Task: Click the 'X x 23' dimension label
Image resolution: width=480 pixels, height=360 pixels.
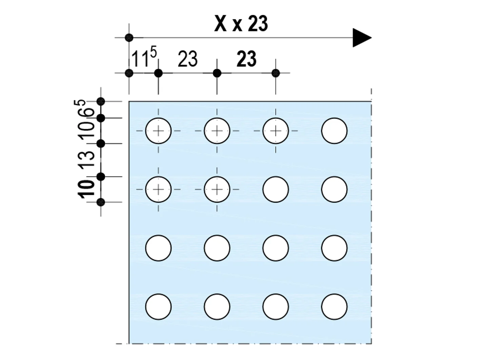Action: tap(241, 24)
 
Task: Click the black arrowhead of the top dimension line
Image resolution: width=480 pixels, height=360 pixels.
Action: tap(362, 38)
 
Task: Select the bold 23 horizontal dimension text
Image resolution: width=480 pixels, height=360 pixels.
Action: tap(246, 59)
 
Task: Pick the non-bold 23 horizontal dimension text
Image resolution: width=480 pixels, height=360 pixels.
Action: tap(187, 59)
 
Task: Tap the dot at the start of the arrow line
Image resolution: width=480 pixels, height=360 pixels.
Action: tap(129, 38)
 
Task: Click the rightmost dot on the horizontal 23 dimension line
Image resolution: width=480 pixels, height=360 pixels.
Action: tap(276, 73)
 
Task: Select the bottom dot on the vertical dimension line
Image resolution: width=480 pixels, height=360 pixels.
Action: tap(101, 202)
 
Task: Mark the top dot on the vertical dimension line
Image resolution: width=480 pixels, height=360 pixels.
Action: tap(101, 101)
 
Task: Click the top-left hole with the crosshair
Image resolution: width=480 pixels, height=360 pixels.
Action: tap(158, 131)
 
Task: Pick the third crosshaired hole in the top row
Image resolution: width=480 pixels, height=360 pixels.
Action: tap(276, 131)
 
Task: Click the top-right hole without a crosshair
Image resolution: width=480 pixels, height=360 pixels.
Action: tap(334, 131)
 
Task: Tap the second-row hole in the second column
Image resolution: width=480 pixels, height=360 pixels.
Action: tap(217, 189)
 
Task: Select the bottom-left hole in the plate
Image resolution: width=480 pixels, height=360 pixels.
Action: tap(158, 307)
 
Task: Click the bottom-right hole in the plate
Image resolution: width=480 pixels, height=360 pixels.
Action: tap(334, 307)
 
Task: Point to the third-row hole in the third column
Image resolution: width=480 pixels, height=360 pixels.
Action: tap(276, 248)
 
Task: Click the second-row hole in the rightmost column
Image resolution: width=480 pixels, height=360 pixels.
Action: tap(334, 189)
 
